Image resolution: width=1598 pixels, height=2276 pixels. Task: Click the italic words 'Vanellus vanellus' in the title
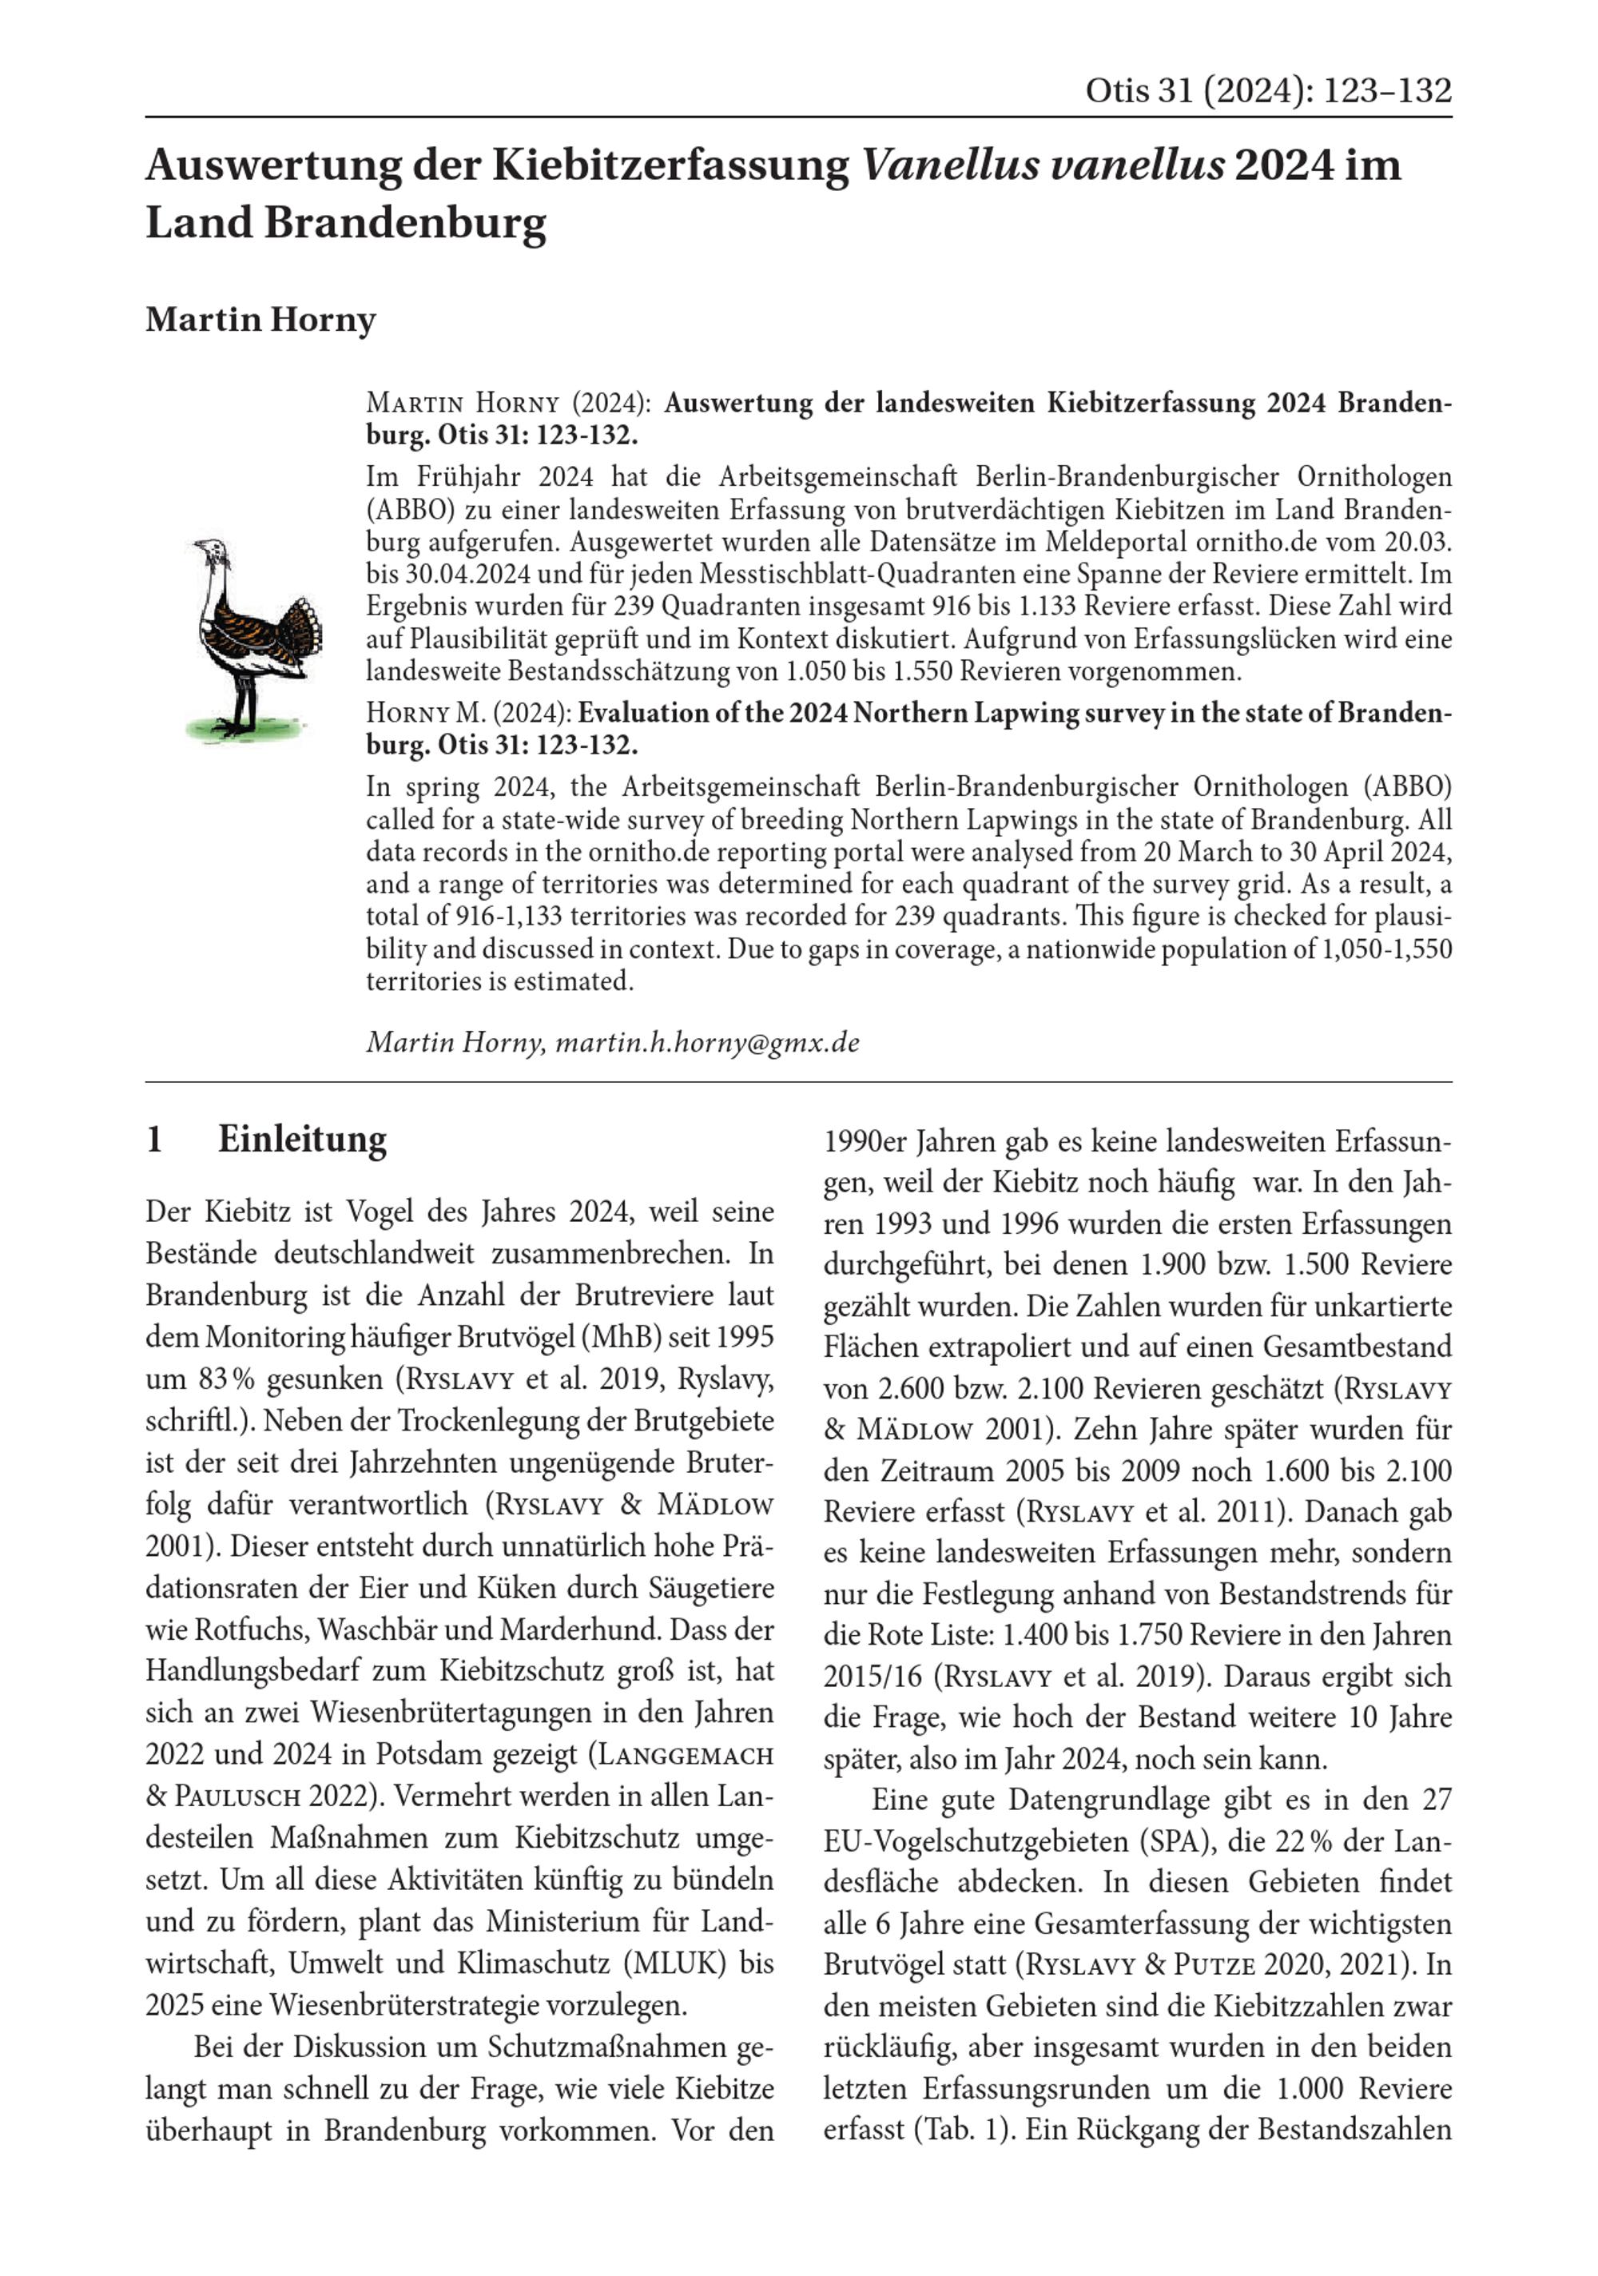pyautogui.click(x=1042, y=165)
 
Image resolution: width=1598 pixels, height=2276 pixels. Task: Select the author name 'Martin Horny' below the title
pyautogui.click(x=260, y=320)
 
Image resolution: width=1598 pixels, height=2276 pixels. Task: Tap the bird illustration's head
pyautogui.click(x=211, y=551)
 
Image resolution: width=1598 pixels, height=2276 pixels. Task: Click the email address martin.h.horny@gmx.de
pyautogui.click(x=707, y=1043)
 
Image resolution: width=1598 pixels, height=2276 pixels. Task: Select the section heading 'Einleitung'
pyautogui.click(x=302, y=1139)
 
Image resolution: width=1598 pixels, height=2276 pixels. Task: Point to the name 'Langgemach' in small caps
pyautogui.click(x=684, y=1755)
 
